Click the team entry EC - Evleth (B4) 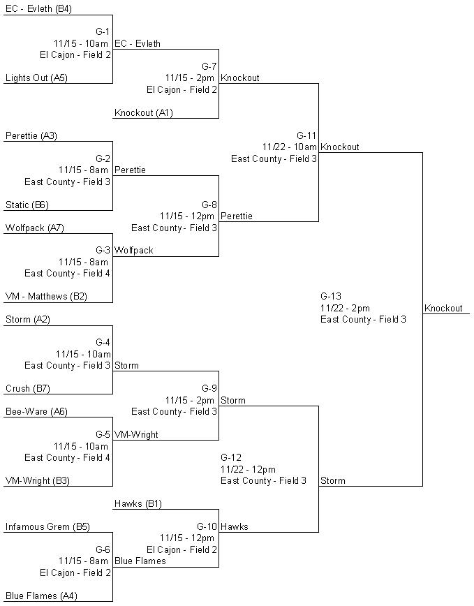click(38, 9)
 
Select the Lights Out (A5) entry click(36, 78)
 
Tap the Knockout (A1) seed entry click(144, 113)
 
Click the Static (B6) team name click(27, 205)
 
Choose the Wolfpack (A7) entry click(35, 228)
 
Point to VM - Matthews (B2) click(46, 297)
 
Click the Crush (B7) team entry click(28, 388)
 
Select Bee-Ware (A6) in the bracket click(36, 412)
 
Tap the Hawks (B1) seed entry click(138, 504)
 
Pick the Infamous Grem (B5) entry click(47, 527)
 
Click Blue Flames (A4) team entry click(41, 596)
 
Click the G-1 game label click(103, 31)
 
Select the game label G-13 click(331, 297)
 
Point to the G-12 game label click(231, 457)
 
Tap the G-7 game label click(209, 66)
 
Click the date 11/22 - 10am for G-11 click(289, 147)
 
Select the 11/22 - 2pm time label click(345, 309)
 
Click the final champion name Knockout click(443, 309)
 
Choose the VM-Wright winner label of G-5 click(136, 435)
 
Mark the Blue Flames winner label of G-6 click(140, 561)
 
